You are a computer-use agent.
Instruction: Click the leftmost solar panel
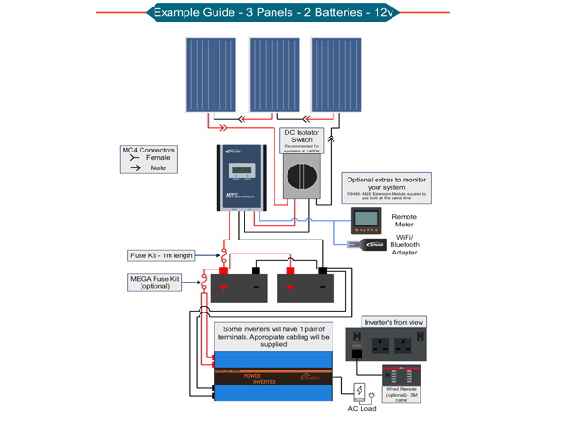coord(211,74)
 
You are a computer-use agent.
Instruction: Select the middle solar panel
coord(274,74)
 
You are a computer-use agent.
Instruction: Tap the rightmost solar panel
coord(337,74)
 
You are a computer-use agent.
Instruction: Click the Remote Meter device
coord(368,222)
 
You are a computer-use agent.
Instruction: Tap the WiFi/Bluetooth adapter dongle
coord(361,246)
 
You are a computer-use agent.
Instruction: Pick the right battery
coord(304,284)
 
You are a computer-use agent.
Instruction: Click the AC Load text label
coord(362,409)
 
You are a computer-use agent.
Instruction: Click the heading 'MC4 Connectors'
coord(150,149)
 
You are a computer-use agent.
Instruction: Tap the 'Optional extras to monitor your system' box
coord(385,184)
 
